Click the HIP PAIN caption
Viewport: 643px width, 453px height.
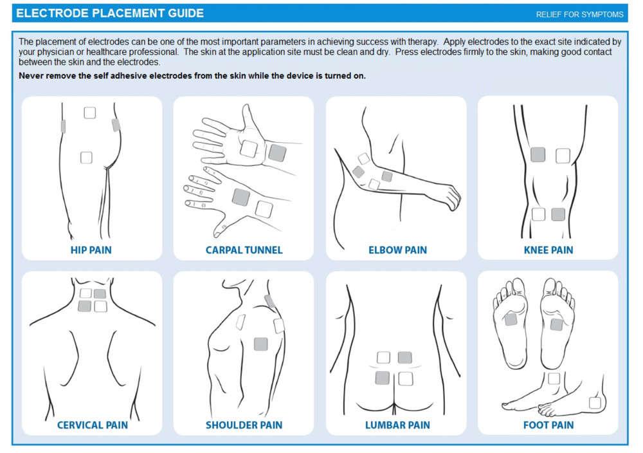pyautogui.click(x=91, y=250)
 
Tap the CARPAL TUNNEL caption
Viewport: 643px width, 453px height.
pyautogui.click(x=244, y=250)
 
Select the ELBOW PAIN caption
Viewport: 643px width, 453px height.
pyautogui.click(x=397, y=250)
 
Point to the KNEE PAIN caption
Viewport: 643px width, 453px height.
pyautogui.click(x=548, y=250)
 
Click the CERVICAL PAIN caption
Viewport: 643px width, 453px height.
pyautogui.click(x=92, y=425)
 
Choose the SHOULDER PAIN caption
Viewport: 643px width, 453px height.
pyautogui.click(x=244, y=425)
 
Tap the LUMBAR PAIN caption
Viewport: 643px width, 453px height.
pyautogui.click(x=397, y=425)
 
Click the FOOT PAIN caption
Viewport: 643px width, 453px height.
pyautogui.click(x=548, y=425)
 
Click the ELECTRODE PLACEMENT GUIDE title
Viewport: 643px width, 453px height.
pyautogui.click(x=110, y=14)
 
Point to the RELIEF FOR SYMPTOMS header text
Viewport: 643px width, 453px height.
pyautogui.click(x=579, y=14)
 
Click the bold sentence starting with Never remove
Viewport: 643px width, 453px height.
pyautogui.click(x=192, y=75)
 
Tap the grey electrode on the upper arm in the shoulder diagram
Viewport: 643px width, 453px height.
pyautogui.click(x=260, y=344)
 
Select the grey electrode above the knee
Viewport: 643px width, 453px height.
pyautogui.click(x=538, y=154)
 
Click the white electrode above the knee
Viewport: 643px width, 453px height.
pyautogui.click(x=563, y=155)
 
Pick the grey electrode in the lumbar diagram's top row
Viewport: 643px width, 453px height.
pyautogui.click(x=404, y=358)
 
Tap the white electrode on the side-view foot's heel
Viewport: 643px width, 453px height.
pyautogui.click(x=595, y=403)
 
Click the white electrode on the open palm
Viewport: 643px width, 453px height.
pyautogui.click(x=249, y=149)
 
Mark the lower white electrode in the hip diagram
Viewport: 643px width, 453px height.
pyautogui.click(x=86, y=157)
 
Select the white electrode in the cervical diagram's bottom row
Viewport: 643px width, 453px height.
pyautogui.click(x=100, y=306)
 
